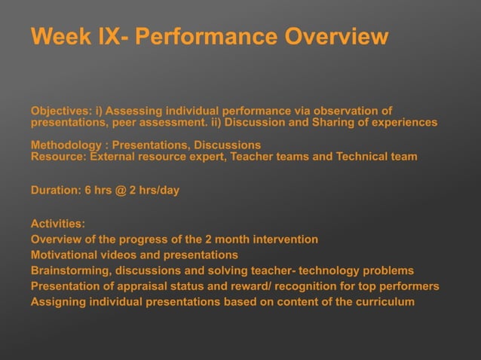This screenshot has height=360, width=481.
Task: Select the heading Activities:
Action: pyautogui.click(x=58, y=224)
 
